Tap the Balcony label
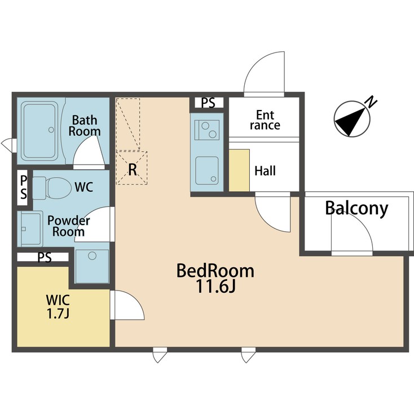coord(356,209)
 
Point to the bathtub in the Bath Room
coord(39,131)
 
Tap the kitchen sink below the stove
coord(207,169)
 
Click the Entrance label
coord(265,120)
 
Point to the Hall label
coord(265,170)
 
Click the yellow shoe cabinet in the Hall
coord(239,170)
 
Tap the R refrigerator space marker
coord(132,169)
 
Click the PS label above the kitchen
coord(208,103)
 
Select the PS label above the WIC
coord(45,258)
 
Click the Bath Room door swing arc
coord(89,149)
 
